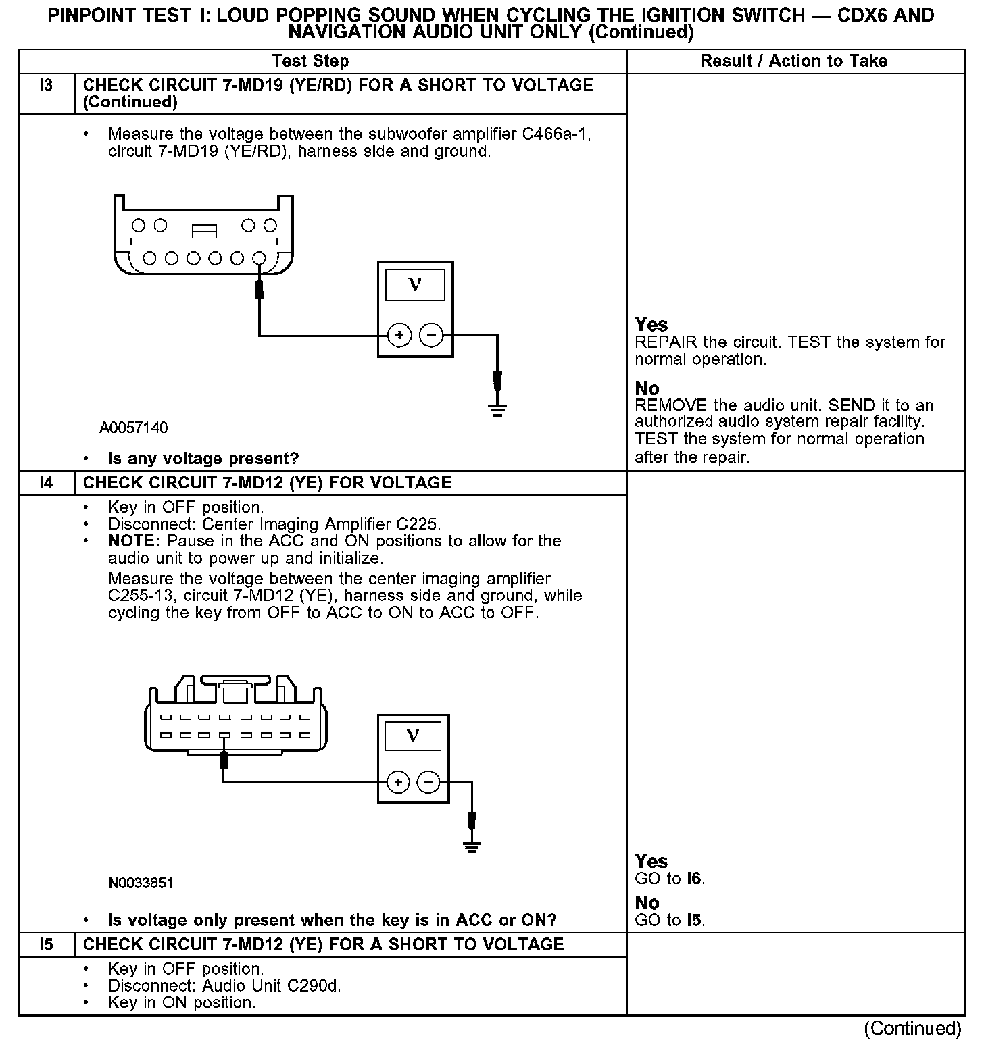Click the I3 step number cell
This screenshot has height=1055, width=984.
pyautogui.click(x=46, y=93)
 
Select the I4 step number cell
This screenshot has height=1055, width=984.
pyautogui.click(x=46, y=483)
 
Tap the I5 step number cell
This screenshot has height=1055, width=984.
pyautogui.click(x=46, y=944)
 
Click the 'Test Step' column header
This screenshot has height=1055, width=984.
pyautogui.click(x=310, y=61)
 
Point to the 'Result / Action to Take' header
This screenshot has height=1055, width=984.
pyautogui.click(x=793, y=61)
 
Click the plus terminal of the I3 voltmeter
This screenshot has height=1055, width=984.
pyautogui.click(x=399, y=335)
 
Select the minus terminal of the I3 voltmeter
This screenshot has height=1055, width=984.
pyautogui.click(x=432, y=335)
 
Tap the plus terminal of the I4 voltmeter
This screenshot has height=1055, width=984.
pyautogui.click(x=399, y=783)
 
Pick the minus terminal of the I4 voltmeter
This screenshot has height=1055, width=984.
pyautogui.click(x=429, y=783)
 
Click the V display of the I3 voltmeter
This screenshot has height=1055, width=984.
pyautogui.click(x=415, y=285)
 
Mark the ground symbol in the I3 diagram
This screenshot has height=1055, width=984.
pyautogui.click(x=497, y=409)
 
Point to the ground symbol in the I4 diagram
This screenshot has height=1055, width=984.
pyautogui.click(x=472, y=847)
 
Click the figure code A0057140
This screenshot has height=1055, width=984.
pyautogui.click(x=134, y=428)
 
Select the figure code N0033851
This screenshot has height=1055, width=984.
pyautogui.click(x=141, y=883)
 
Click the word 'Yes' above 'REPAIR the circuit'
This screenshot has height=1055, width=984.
pyautogui.click(x=651, y=325)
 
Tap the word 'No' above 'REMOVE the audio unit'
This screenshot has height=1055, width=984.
pyautogui.click(x=647, y=388)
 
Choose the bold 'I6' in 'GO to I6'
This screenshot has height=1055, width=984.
pyautogui.click(x=694, y=879)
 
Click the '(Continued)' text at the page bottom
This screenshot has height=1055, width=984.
pyautogui.click(x=912, y=1028)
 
